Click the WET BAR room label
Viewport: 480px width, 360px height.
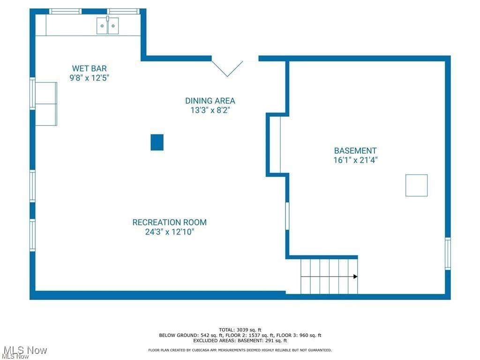(x=89, y=68)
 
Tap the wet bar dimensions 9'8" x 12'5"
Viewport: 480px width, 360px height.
(x=89, y=78)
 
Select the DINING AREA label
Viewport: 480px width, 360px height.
(x=210, y=101)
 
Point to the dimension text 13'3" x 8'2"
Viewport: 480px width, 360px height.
(x=210, y=111)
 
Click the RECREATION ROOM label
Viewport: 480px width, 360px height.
(x=169, y=222)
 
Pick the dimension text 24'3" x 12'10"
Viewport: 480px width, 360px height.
(x=169, y=232)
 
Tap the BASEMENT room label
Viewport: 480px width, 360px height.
(x=355, y=150)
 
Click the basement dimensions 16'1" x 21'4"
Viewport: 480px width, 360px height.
(x=355, y=160)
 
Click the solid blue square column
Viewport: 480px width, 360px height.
(x=157, y=142)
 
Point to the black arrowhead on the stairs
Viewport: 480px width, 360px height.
(x=355, y=277)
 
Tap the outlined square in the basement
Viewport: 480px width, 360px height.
(x=416, y=185)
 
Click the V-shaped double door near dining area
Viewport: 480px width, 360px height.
(x=227, y=68)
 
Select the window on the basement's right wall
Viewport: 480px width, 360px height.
(x=448, y=254)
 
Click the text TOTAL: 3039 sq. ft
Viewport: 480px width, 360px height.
(x=240, y=330)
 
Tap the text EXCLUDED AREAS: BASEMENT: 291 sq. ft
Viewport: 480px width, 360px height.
(x=240, y=341)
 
